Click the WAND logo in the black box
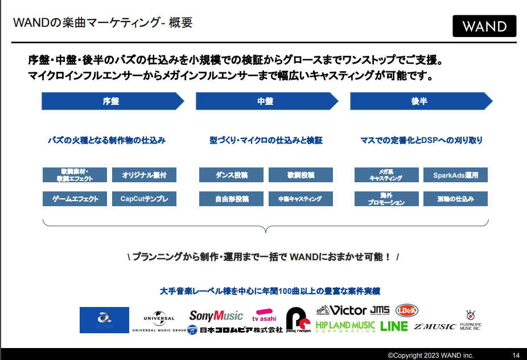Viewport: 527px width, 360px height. (484, 26)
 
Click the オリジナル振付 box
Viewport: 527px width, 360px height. (145, 175)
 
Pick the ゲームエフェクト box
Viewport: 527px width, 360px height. (75, 199)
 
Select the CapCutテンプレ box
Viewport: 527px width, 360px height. (145, 199)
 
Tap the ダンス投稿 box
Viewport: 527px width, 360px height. (232, 175)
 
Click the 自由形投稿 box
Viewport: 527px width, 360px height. (232, 199)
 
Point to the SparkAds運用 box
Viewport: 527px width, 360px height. (456, 175)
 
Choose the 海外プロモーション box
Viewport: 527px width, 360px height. (386, 199)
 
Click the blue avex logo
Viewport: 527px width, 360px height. (104, 320)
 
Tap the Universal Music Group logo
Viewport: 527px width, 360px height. (159, 322)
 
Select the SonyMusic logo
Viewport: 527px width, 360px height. (216, 316)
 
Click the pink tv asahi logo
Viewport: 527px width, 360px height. (265, 316)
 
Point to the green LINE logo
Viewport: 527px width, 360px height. (394, 326)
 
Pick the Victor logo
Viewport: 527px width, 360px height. (341, 310)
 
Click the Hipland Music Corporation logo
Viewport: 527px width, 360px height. (345, 326)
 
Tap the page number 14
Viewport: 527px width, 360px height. (516, 355)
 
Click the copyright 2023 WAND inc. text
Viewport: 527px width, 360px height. (430, 355)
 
